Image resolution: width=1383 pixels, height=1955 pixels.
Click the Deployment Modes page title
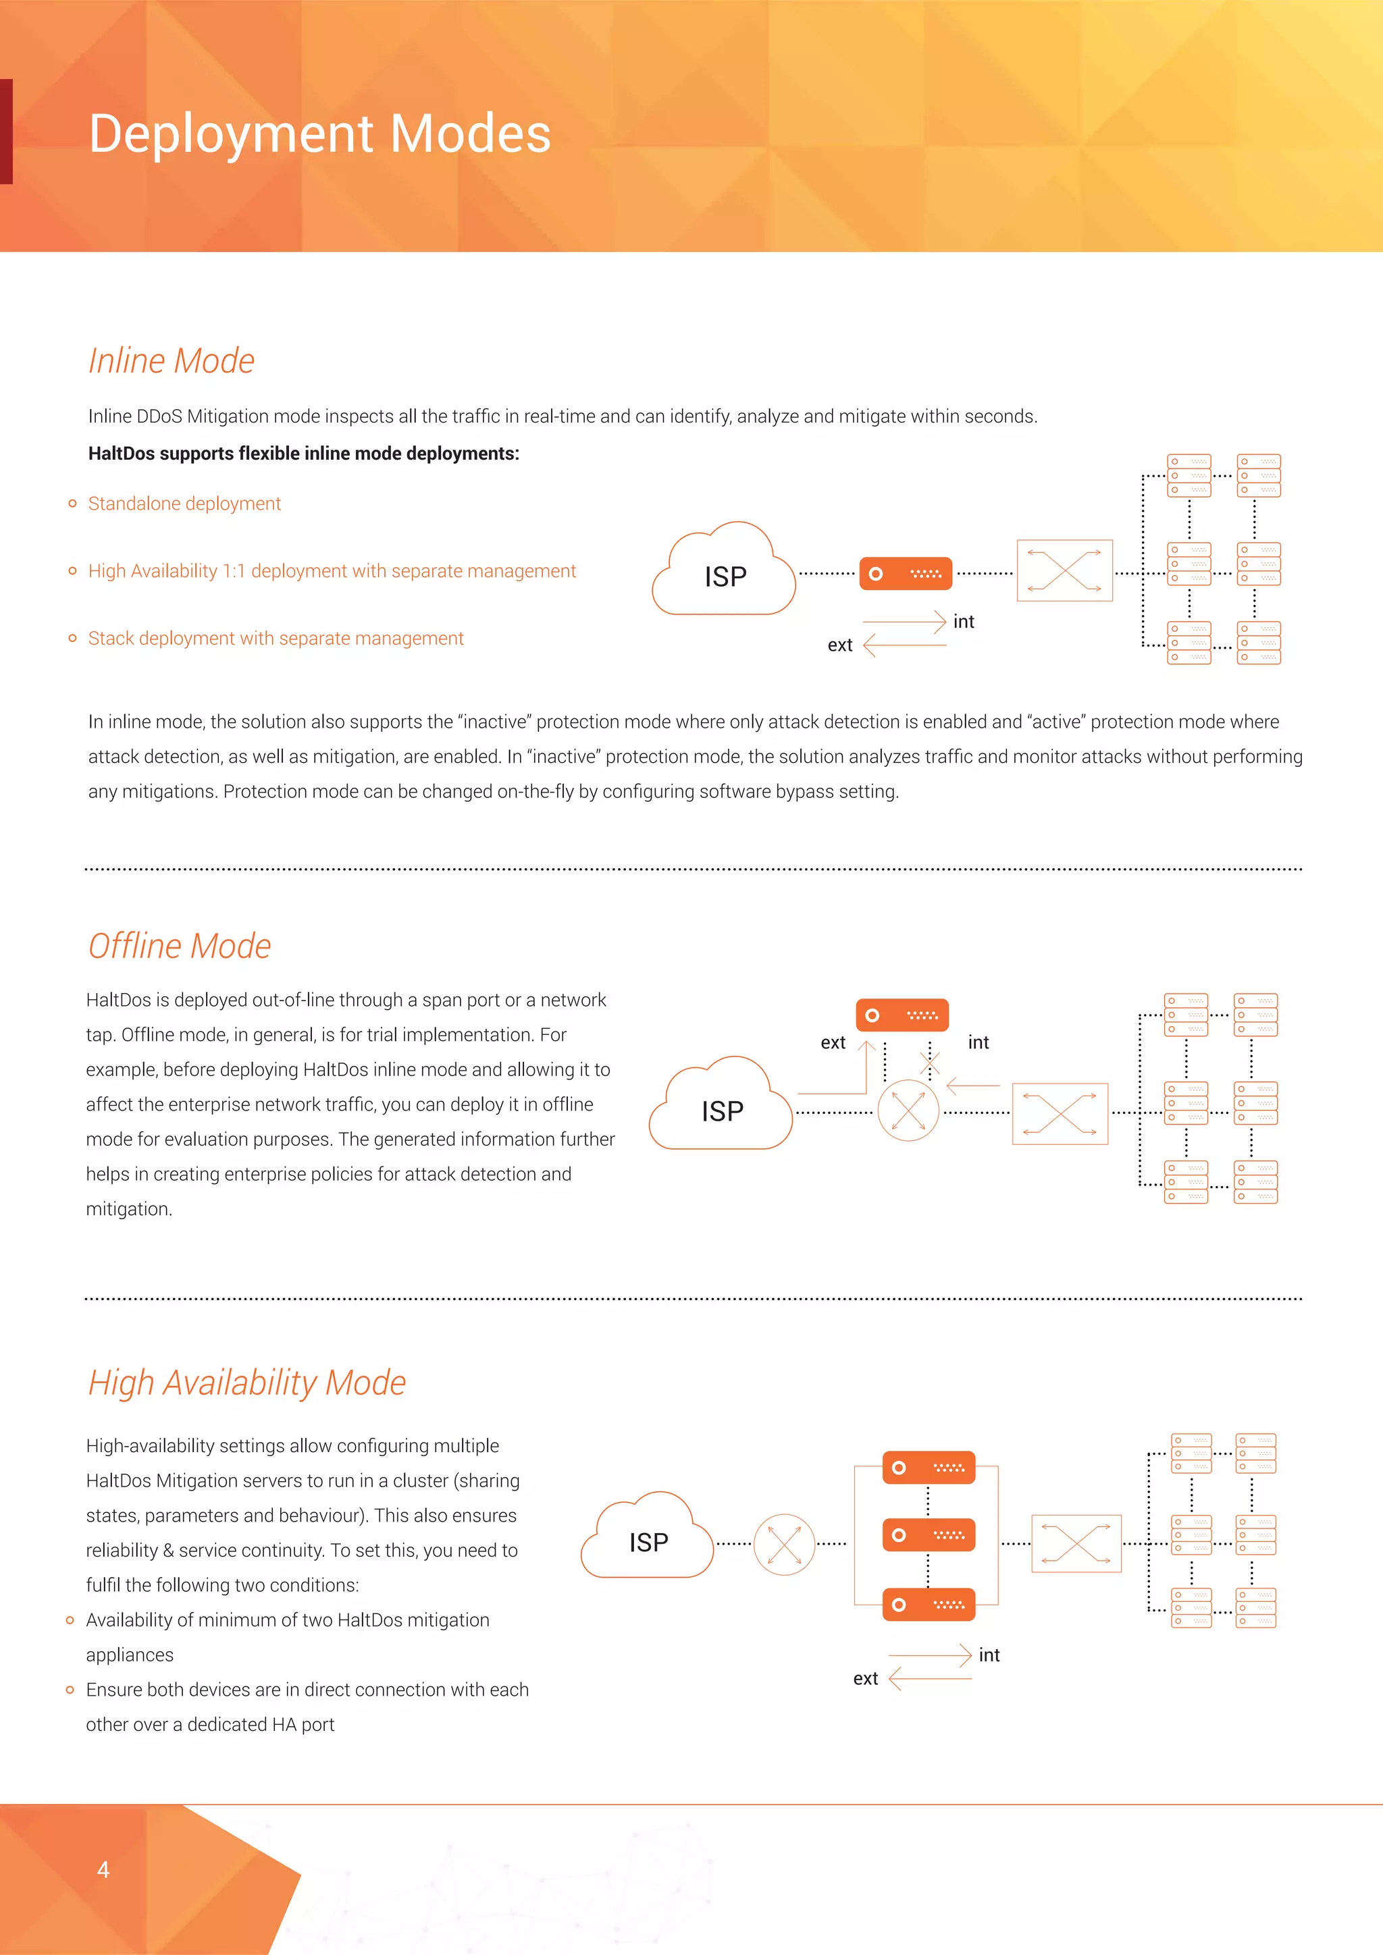319,134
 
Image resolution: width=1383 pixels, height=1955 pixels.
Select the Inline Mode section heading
171,361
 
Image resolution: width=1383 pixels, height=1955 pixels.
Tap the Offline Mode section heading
180,946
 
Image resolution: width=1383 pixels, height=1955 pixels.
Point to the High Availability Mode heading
247,1383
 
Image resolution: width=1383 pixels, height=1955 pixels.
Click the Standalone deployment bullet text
184,503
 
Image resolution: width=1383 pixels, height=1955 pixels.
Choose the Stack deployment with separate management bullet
276,639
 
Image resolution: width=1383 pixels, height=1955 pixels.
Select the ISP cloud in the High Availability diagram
647,1538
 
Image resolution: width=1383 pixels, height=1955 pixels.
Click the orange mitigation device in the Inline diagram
906,574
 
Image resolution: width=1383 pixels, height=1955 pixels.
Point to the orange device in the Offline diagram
902,1015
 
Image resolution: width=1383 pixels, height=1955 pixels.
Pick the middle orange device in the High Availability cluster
929,1535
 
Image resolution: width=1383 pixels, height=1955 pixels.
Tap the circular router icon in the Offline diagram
908,1110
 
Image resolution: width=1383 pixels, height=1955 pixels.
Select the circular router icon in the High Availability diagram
783,1545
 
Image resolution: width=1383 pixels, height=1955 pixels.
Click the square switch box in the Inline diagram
1064,570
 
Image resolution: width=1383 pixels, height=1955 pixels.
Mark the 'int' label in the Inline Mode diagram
963,622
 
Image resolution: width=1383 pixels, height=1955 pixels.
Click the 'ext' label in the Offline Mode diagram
833,1043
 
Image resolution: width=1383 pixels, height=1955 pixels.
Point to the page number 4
103,1870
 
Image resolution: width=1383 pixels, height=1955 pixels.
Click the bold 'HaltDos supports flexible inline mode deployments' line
303,454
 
